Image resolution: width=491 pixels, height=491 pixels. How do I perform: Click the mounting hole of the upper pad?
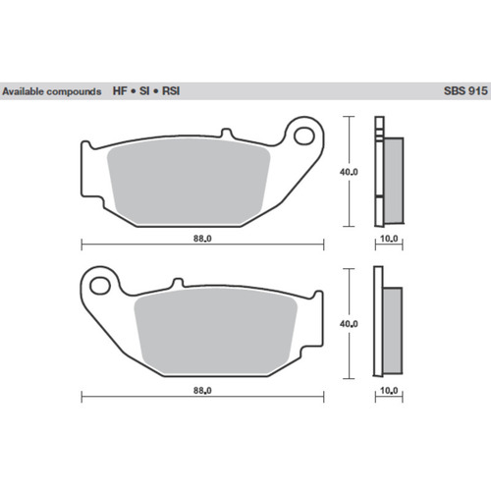pos(305,132)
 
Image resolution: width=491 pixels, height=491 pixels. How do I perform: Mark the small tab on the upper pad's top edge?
pos(226,133)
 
